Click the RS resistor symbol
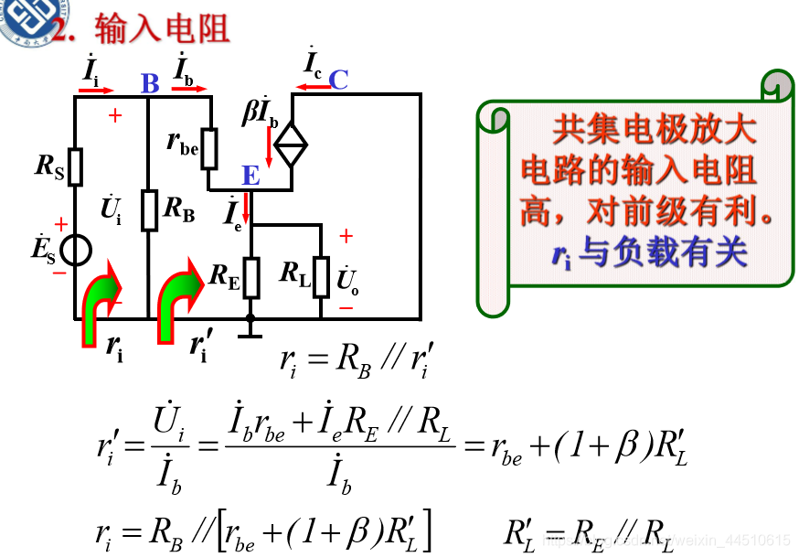point(75,166)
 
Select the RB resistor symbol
point(148,211)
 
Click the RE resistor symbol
point(250,277)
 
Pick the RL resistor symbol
point(321,277)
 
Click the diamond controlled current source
point(292,144)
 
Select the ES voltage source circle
point(75,250)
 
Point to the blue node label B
point(150,84)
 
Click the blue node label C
point(338,80)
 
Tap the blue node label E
point(250,176)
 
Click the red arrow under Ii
point(96,91)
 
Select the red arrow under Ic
point(312,89)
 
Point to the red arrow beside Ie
point(245,208)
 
